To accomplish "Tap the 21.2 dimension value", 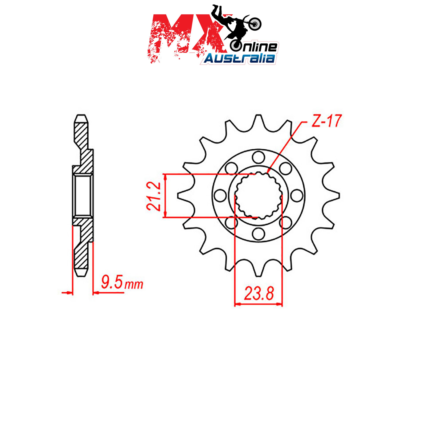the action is click(154, 196).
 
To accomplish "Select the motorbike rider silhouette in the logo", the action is click(236, 27).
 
